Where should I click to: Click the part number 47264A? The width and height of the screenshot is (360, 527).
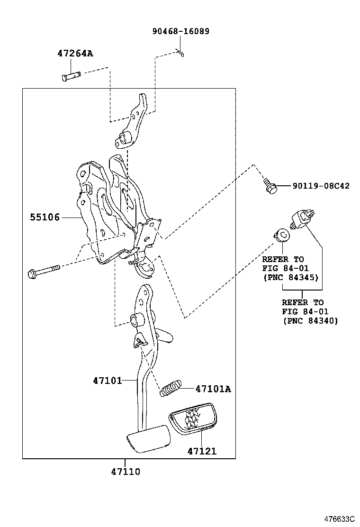click(75, 54)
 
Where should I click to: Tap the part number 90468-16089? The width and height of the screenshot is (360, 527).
click(180, 31)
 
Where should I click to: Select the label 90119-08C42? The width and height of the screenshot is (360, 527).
click(314, 186)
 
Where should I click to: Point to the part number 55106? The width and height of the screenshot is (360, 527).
click(45, 218)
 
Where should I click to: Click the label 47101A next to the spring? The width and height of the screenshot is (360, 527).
click(213, 389)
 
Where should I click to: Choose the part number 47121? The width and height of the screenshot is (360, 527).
click(201, 451)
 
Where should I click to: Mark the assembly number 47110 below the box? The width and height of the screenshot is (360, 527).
click(126, 472)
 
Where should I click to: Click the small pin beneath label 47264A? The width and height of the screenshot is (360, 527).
click(72, 75)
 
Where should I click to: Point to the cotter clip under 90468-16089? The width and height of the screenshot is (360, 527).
click(180, 53)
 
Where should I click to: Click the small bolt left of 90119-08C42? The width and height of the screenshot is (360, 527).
click(270, 185)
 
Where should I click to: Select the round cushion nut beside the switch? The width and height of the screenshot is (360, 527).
click(282, 234)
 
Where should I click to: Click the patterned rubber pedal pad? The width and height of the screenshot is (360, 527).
click(192, 418)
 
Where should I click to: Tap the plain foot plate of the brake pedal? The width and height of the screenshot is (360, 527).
click(147, 438)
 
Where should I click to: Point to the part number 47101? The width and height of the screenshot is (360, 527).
click(107, 380)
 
